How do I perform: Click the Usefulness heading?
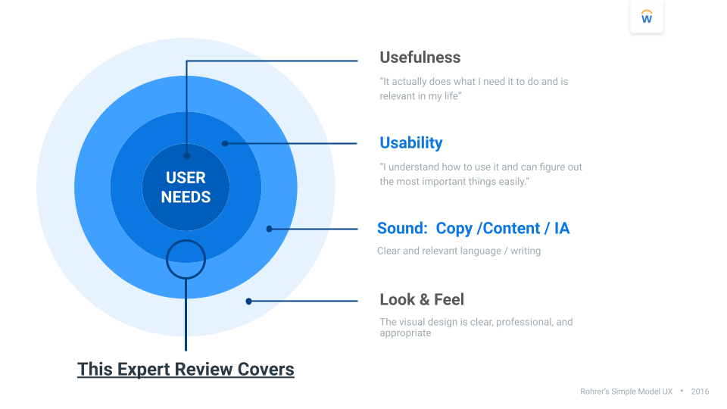tap(420, 58)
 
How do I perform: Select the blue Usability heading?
tap(410, 142)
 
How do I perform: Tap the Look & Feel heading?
tap(422, 299)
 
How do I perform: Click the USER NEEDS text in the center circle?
tap(186, 187)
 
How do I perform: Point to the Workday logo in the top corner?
tap(647, 17)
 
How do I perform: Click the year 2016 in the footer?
tap(700, 392)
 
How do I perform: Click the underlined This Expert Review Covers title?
tap(186, 370)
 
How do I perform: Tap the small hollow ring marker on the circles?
tap(186, 259)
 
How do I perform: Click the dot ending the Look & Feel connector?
tap(248, 301)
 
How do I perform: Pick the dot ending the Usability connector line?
tap(224, 142)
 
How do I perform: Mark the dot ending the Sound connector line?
tap(269, 228)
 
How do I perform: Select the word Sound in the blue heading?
tap(401, 228)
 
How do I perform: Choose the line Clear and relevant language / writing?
tap(458, 251)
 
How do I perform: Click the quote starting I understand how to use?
tap(480, 174)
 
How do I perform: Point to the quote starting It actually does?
tap(473, 89)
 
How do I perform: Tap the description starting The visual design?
tap(476, 327)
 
